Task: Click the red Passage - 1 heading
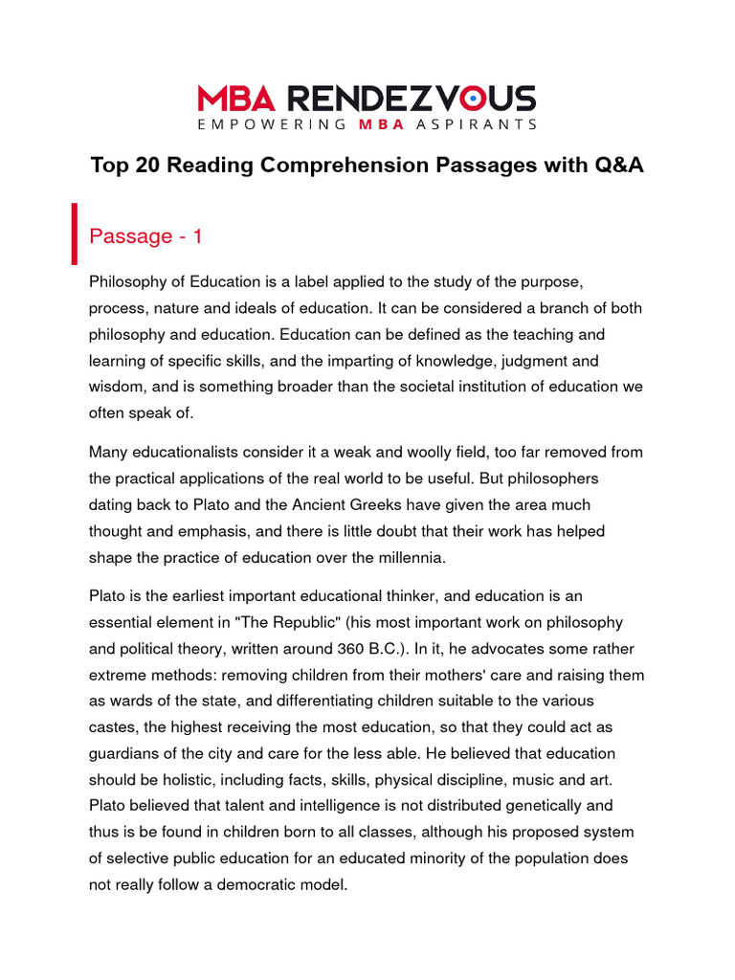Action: click(x=145, y=236)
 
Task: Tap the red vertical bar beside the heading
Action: click(x=74, y=234)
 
